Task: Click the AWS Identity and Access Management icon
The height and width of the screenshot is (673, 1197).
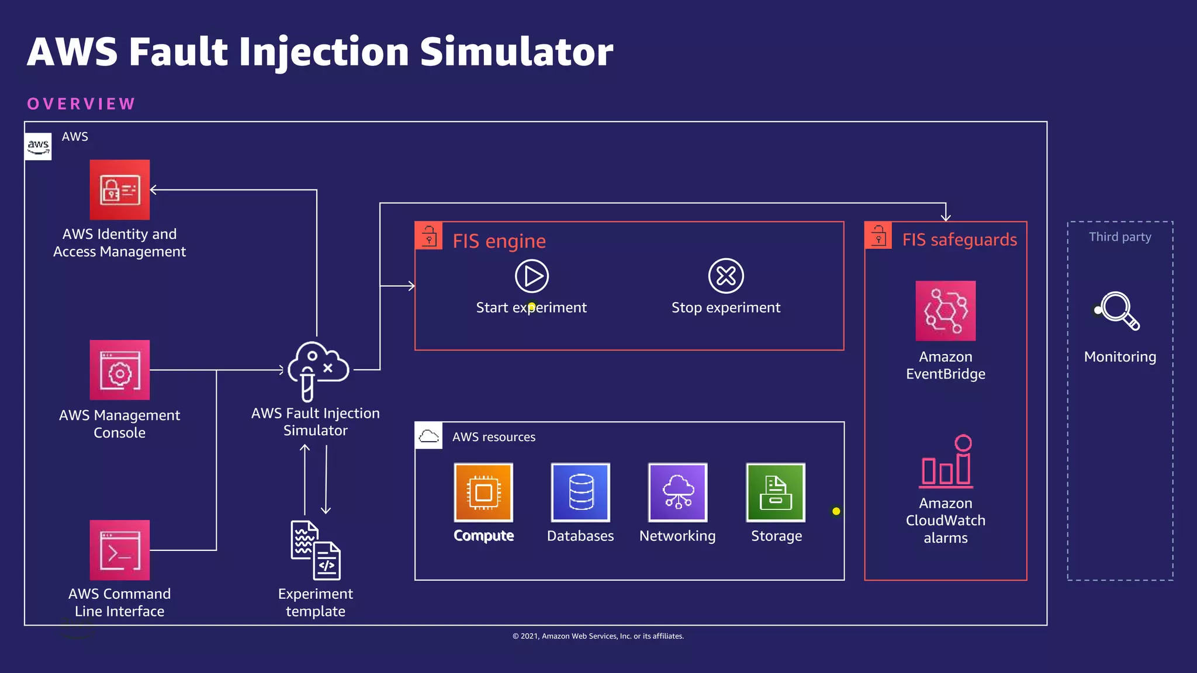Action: (x=120, y=190)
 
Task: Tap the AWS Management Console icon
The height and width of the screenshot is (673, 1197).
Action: (x=120, y=370)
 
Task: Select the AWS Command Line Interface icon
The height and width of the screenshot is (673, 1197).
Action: (x=120, y=550)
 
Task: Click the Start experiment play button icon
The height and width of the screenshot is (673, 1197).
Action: (x=531, y=276)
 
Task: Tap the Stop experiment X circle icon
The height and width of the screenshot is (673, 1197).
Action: (x=726, y=276)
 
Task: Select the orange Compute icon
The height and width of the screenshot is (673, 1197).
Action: (x=483, y=492)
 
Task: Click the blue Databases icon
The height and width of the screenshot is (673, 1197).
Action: (x=580, y=492)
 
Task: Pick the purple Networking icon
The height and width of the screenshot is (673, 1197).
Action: (x=677, y=492)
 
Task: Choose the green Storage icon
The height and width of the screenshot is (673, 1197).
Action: (x=776, y=492)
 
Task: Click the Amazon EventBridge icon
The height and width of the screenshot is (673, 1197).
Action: (x=945, y=311)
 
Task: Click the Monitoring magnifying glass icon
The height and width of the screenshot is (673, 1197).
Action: (x=1119, y=311)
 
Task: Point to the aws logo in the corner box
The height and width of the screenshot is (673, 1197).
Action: (x=39, y=146)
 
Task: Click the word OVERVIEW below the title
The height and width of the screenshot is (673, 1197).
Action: (x=81, y=104)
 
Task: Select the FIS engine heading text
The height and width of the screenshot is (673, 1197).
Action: (x=499, y=241)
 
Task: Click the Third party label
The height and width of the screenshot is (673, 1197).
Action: (x=1120, y=237)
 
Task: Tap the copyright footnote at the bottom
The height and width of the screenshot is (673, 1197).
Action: (x=598, y=636)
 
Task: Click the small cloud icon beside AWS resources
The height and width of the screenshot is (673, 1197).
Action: (x=429, y=436)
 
